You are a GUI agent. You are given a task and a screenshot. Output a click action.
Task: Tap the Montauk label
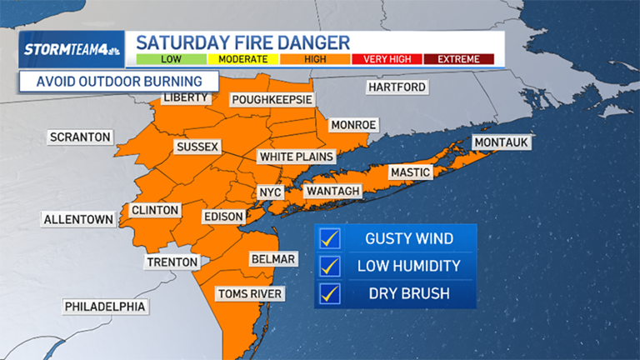[501, 143]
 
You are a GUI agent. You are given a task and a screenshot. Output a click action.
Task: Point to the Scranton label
[80, 137]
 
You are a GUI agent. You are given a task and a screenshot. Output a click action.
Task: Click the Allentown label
[78, 219]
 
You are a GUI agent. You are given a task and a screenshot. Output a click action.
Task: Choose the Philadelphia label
[107, 307]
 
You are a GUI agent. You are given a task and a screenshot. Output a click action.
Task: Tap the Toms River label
[250, 293]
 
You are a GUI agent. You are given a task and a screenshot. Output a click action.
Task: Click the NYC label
[270, 192]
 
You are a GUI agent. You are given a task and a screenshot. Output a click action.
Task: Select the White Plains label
[296, 157]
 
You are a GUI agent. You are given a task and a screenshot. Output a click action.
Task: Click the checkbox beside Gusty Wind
[331, 239]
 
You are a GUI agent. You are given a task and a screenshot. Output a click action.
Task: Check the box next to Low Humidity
[331, 266]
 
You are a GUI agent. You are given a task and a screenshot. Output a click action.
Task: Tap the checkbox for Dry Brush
[331, 293]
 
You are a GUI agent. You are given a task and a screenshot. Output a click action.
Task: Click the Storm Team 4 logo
[73, 49]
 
